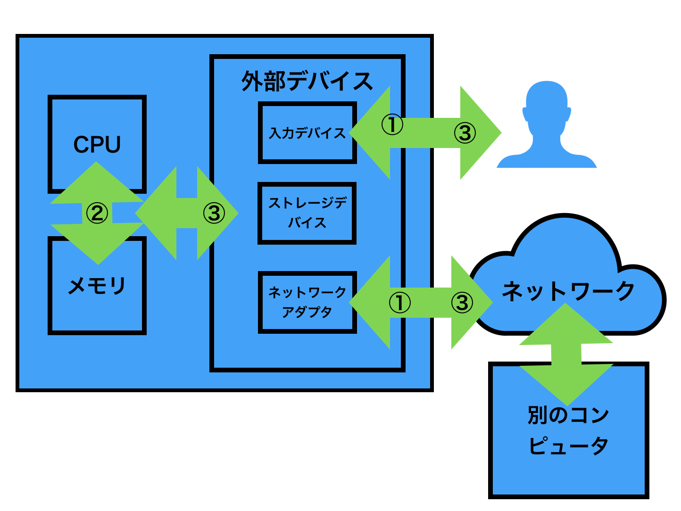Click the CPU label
97,144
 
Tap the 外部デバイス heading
307,81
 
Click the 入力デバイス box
307,133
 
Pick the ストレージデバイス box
307,213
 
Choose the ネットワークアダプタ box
307,302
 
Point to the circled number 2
97,213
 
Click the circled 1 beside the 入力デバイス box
392,125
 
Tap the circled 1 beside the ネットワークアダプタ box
399,303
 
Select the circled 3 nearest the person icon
465,133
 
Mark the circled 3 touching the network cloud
462,303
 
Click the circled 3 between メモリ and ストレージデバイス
214,213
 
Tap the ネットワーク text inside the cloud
568,291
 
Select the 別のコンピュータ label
568,430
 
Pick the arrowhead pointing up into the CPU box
97,179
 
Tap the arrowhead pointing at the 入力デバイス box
368,133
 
